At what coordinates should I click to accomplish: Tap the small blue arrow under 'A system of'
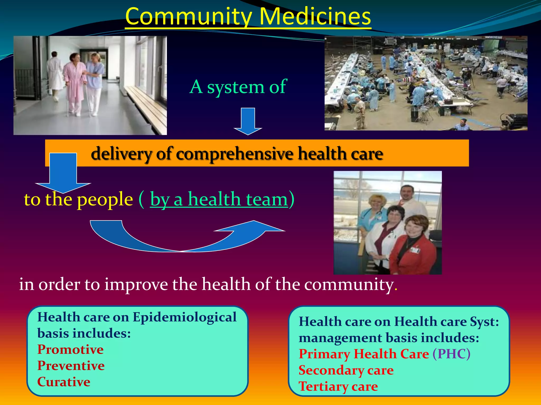248,121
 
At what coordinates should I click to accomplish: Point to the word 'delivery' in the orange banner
122,153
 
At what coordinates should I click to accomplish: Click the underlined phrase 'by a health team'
219,199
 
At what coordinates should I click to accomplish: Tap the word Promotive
70,349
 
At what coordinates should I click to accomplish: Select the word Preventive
71,366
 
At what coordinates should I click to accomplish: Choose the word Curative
64,382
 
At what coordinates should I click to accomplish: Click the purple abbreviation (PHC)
451,354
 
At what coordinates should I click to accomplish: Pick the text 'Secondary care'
346,370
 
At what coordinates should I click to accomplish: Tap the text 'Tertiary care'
338,387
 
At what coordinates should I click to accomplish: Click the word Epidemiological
184,317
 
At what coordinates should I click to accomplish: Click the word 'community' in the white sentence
349,285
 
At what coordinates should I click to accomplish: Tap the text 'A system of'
238,87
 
